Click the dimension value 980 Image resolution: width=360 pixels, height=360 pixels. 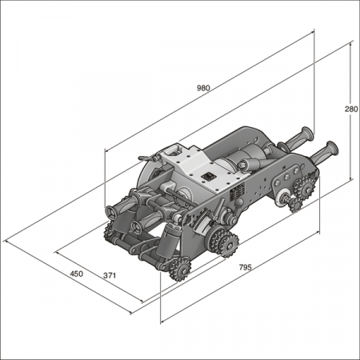click(202, 89)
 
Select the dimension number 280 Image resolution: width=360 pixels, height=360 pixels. click(350, 109)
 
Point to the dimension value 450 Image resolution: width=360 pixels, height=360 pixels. click(76, 274)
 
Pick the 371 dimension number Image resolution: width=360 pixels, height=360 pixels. click(111, 275)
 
